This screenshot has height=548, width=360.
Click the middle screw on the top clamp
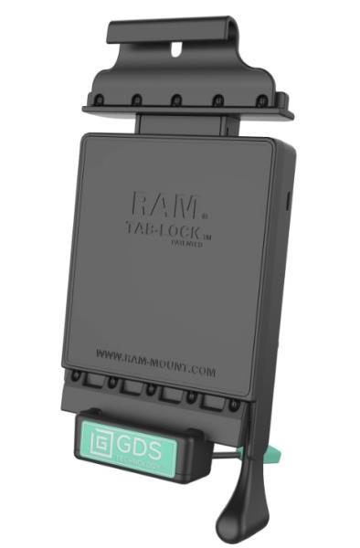point(178,100)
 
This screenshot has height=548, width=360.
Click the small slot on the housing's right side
point(288,199)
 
